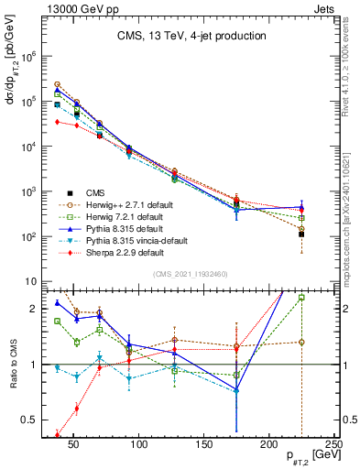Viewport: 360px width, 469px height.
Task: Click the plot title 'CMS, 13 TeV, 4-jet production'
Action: (x=191, y=36)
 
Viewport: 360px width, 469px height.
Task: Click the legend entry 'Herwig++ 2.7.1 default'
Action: (x=121, y=204)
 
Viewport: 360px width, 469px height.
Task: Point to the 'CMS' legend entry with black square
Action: (x=95, y=192)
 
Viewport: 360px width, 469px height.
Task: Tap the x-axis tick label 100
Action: (x=140, y=444)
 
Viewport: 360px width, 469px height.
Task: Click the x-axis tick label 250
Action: (x=334, y=444)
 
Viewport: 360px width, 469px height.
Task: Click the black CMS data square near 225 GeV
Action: (x=301, y=234)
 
